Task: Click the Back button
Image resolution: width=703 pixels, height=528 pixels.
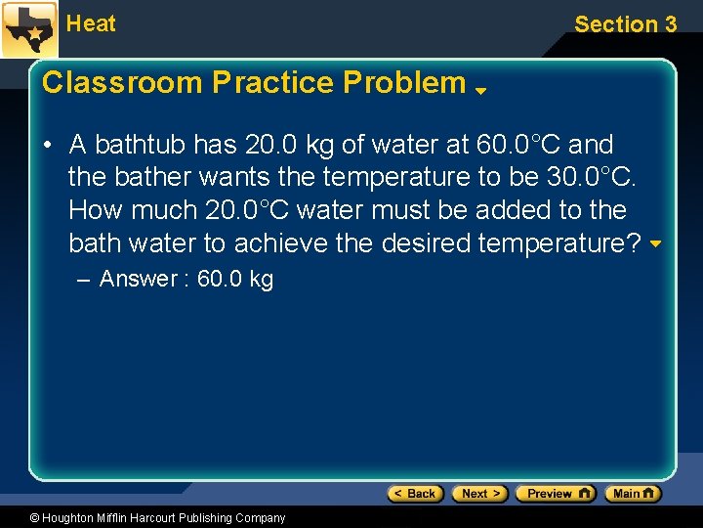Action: [416, 494]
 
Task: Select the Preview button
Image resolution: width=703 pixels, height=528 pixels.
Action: [555, 494]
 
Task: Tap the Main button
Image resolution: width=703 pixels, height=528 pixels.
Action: [633, 494]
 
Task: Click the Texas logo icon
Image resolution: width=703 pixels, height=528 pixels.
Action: [29, 29]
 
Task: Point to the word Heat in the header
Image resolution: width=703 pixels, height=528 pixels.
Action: [91, 23]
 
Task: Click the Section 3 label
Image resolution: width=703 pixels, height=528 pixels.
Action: [625, 24]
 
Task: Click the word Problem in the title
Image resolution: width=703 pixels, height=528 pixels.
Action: [404, 82]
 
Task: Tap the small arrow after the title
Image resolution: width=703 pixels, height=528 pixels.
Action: [481, 91]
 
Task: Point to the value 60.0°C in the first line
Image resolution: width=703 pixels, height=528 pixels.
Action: [518, 145]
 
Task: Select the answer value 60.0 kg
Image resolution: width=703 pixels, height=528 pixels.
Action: [235, 279]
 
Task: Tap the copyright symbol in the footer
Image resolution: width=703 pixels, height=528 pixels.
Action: [36, 518]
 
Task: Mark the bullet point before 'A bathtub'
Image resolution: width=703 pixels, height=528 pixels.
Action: [47, 145]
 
